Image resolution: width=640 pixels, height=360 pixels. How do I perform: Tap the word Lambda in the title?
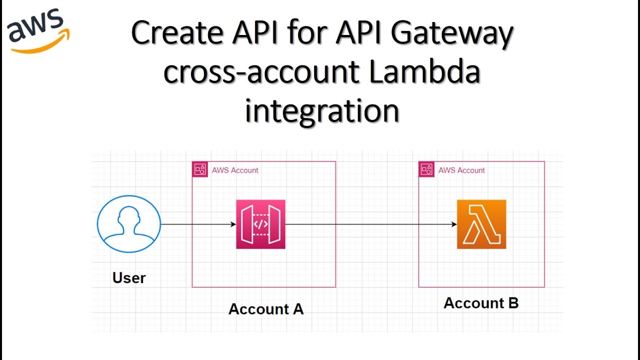pos(424,73)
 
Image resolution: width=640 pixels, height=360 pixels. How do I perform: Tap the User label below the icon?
pos(129,278)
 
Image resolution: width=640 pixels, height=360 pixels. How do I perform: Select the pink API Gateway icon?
pos(260,224)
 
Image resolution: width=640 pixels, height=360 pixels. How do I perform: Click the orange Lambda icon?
pos(481,224)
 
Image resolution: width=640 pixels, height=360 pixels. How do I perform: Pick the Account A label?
pos(266,309)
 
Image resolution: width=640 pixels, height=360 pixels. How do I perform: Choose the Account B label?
pos(481,303)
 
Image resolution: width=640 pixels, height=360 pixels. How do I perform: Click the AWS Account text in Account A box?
pos(235,170)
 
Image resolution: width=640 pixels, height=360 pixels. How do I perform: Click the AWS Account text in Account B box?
pos(461,170)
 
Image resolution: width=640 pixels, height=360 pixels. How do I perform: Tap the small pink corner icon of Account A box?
pos(200,169)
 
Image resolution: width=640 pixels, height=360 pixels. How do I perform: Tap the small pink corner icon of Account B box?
pos(426,169)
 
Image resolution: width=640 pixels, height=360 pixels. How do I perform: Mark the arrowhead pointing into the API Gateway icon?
pos(233,224)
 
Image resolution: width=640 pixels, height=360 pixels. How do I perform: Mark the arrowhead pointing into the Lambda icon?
pos(454,224)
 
